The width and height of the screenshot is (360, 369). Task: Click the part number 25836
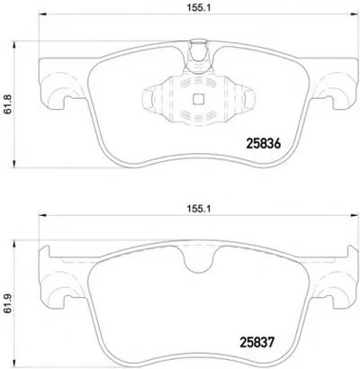263,144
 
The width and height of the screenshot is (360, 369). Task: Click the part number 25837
257,342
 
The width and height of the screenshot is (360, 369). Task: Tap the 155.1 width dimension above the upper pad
199,8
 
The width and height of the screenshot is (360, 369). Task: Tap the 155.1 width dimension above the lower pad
199,209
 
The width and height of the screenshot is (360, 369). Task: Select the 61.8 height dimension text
8,103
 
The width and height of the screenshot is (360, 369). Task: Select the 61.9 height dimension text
8,303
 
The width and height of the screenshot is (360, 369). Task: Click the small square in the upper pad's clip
198,99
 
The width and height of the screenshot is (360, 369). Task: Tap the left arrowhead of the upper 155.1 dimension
42,14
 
